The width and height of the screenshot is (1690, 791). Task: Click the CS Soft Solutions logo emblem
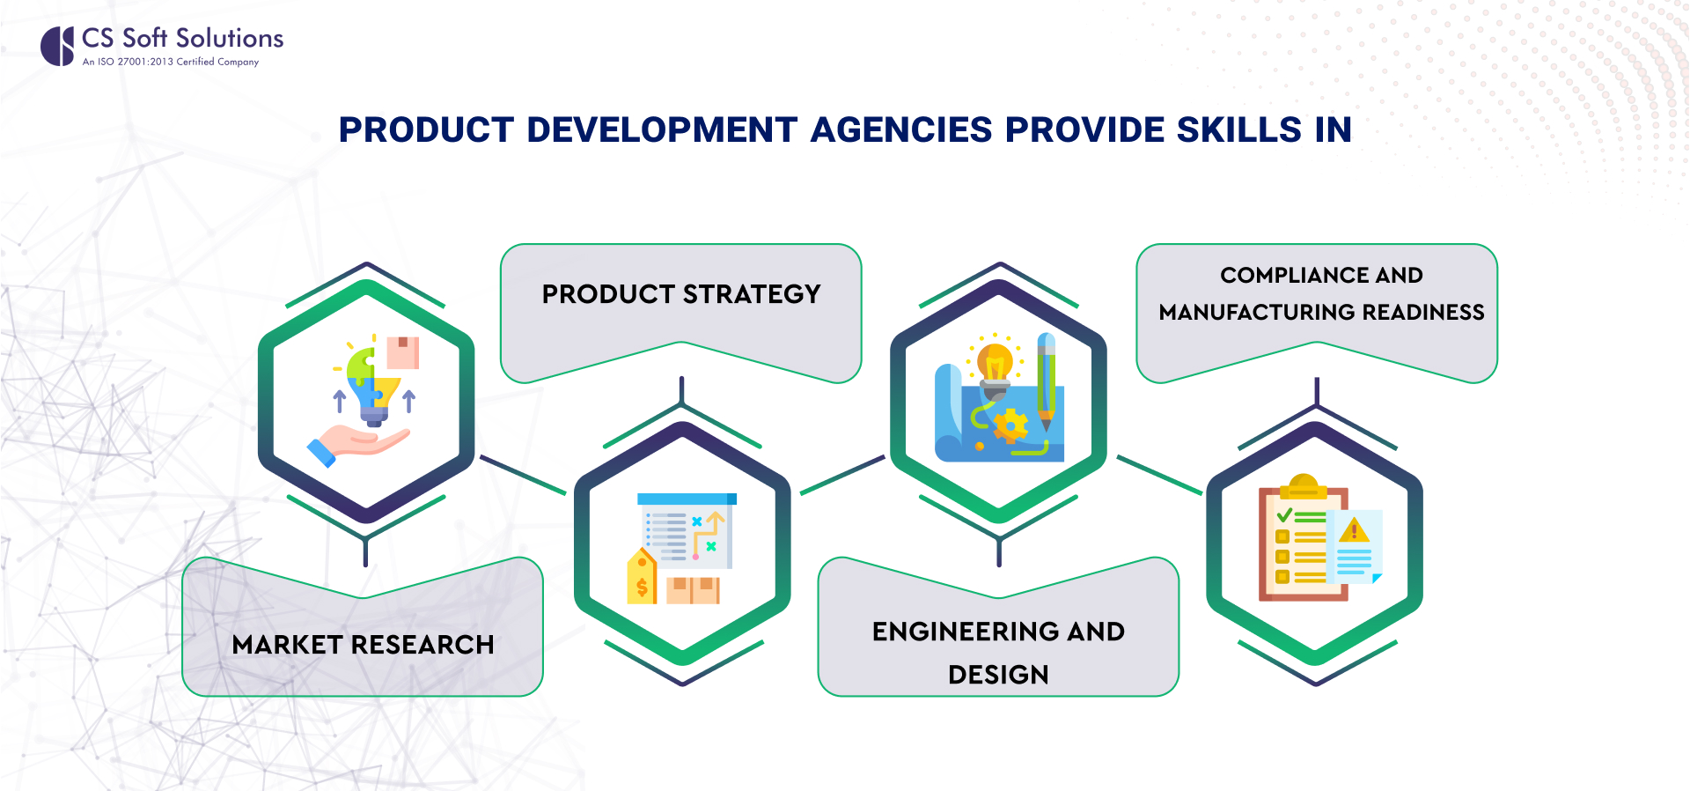(x=57, y=46)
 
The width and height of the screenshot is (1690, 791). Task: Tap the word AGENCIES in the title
(x=901, y=130)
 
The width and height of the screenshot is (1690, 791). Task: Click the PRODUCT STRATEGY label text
(x=681, y=294)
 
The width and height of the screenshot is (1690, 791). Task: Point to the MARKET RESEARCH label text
(x=363, y=645)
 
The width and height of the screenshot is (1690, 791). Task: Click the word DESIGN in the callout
(x=998, y=675)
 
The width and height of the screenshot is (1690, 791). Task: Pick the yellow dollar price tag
(x=642, y=577)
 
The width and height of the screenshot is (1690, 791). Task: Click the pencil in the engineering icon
(x=1046, y=381)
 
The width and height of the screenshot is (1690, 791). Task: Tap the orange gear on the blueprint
(x=1010, y=426)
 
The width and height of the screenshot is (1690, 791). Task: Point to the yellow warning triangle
(x=1354, y=530)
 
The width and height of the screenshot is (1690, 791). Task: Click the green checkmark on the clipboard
(x=1285, y=514)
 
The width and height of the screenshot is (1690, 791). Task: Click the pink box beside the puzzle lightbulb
(x=402, y=351)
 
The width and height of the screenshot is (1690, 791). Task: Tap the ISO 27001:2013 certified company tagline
(x=171, y=62)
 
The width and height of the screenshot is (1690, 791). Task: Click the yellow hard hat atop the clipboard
(x=1303, y=486)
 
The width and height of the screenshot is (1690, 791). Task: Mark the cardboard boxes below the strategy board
(x=693, y=590)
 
